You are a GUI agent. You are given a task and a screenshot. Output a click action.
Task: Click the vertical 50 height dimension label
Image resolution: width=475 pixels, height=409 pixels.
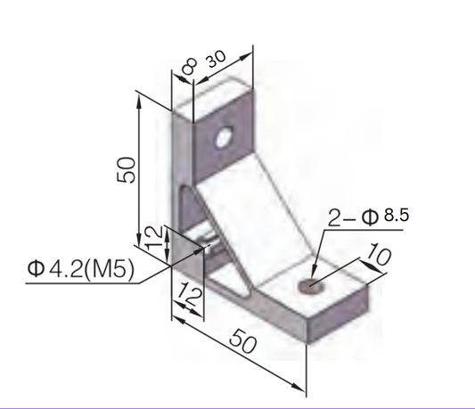128,168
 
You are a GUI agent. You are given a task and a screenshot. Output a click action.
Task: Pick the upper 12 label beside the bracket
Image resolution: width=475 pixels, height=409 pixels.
153,236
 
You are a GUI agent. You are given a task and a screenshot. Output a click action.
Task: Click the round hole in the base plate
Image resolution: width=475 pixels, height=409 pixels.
309,285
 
